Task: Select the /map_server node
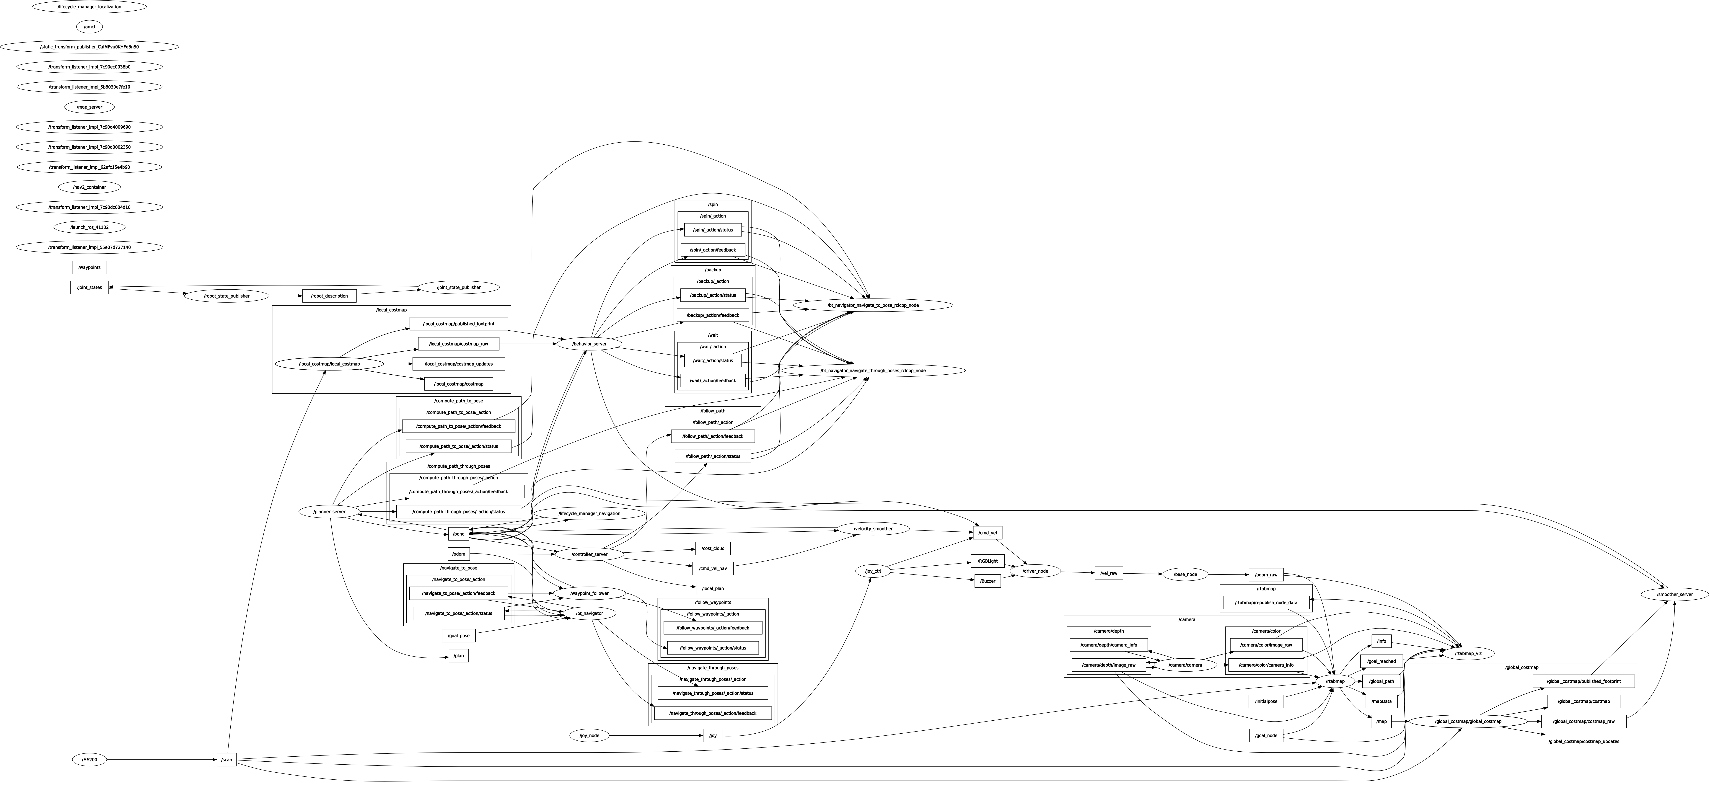89,107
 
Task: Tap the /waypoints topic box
89,267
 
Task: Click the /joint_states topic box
89,287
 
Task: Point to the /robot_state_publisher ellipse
226,296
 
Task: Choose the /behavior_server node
589,344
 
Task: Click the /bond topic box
458,533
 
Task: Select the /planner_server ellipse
330,512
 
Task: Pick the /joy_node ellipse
589,735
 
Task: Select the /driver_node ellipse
1035,571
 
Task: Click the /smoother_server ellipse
1674,595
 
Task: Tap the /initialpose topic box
1266,701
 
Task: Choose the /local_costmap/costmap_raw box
458,344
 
